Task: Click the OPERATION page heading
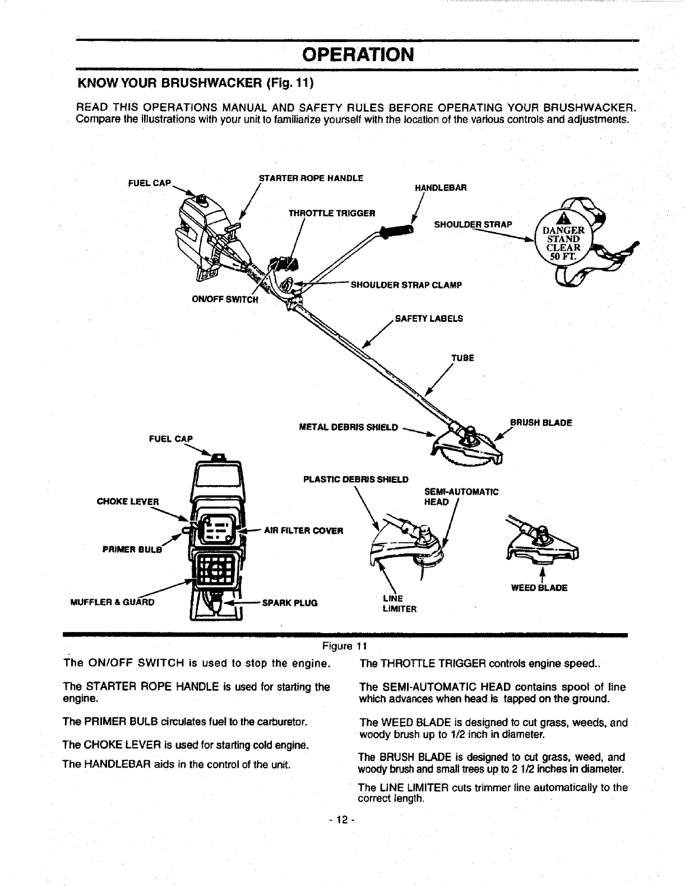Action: pos(358,55)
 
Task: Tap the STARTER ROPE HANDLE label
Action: pos(311,178)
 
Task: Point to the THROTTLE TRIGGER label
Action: pos(331,213)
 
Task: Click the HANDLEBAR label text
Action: pos(441,188)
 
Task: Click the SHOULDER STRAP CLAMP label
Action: pos(406,285)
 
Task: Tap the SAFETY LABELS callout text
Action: pos(429,319)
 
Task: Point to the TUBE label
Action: pos(463,358)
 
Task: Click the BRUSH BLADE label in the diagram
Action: pos(540,423)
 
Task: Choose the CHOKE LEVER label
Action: pos(128,501)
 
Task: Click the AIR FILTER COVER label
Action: pos(303,530)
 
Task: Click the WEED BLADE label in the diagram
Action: pos(539,588)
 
